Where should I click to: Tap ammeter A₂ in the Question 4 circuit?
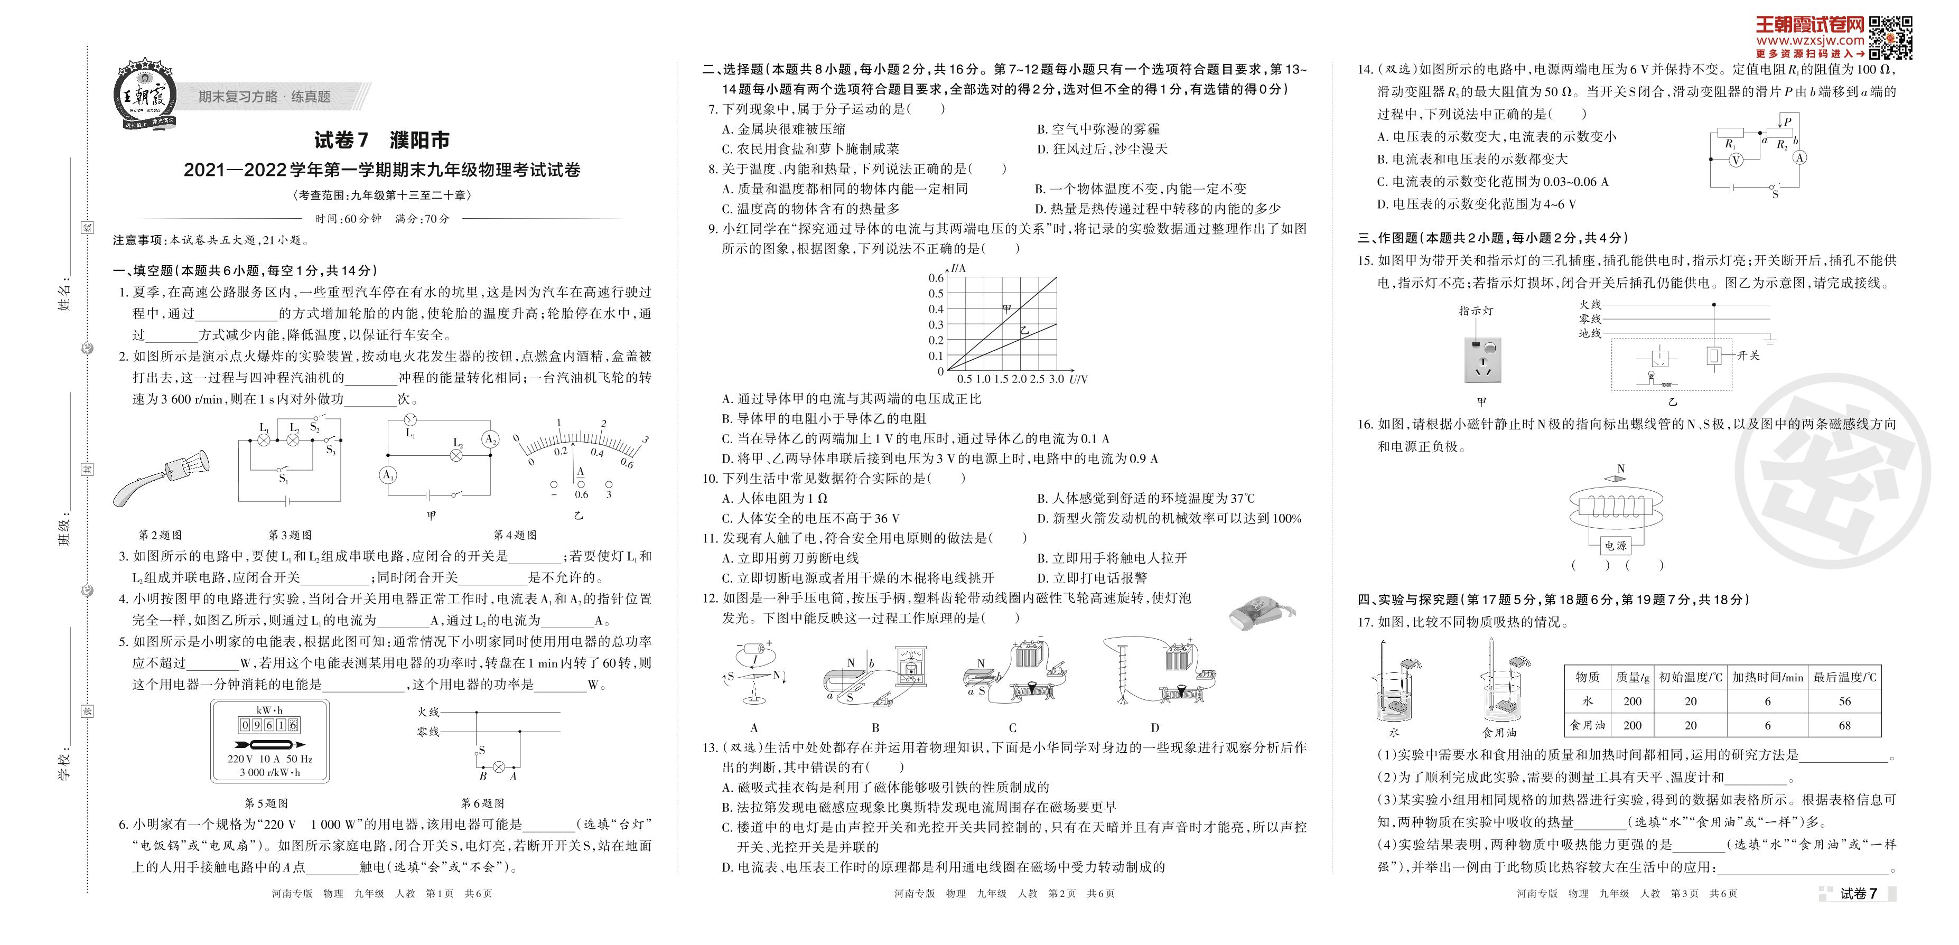click(490, 439)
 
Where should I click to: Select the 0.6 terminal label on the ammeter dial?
click(582, 494)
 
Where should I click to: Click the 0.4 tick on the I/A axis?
click(936, 308)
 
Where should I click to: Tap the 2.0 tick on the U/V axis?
click(1019, 379)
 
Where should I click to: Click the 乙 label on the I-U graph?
click(1024, 331)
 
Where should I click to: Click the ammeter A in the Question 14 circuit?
click(1800, 157)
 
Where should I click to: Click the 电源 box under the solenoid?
click(1615, 545)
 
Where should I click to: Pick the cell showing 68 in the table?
click(1845, 725)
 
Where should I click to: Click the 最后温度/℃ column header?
click(1845, 677)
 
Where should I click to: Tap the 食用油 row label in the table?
click(1588, 725)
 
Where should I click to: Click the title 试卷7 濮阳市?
click(382, 140)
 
